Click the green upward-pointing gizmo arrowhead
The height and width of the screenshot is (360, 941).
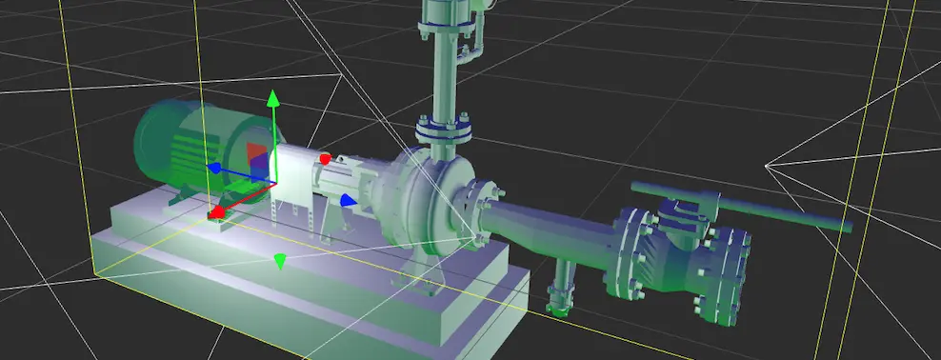[273, 98]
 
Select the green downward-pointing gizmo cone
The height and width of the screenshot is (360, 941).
[279, 260]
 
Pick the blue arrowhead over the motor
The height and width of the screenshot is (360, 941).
[214, 169]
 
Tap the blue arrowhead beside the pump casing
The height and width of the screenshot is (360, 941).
[349, 200]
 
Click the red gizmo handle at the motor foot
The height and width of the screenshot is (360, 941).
[216, 211]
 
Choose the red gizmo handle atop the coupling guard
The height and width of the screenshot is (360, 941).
[325, 158]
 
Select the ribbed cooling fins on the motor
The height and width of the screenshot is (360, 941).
[190, 157]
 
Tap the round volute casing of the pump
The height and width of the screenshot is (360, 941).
[424, 195]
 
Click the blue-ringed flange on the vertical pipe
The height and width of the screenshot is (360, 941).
[444, 129]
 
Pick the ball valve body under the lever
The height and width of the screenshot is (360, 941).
[686, 252]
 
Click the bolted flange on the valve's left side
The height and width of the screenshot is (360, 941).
[630, 252]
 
